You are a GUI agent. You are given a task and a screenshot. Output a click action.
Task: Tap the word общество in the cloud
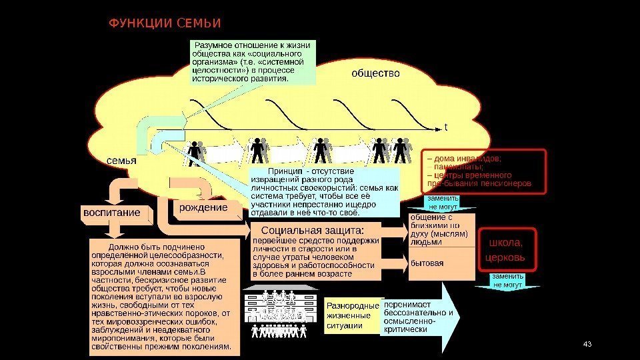coord(376,73)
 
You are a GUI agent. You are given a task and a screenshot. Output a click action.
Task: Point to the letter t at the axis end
coord(445,126)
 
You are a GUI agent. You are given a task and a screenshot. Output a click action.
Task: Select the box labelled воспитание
coord(111,213)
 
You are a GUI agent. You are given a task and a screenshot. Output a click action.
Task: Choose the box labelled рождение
coord(203,208)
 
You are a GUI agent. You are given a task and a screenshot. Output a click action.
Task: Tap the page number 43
coord(587,344)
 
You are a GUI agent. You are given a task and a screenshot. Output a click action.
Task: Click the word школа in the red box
coord(506,243)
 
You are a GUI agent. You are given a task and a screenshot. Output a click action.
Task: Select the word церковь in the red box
coord(506,257)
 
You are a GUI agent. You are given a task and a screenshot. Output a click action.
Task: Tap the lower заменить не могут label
coord(507,280)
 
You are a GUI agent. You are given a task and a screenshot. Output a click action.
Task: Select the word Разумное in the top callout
coord(214,45)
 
